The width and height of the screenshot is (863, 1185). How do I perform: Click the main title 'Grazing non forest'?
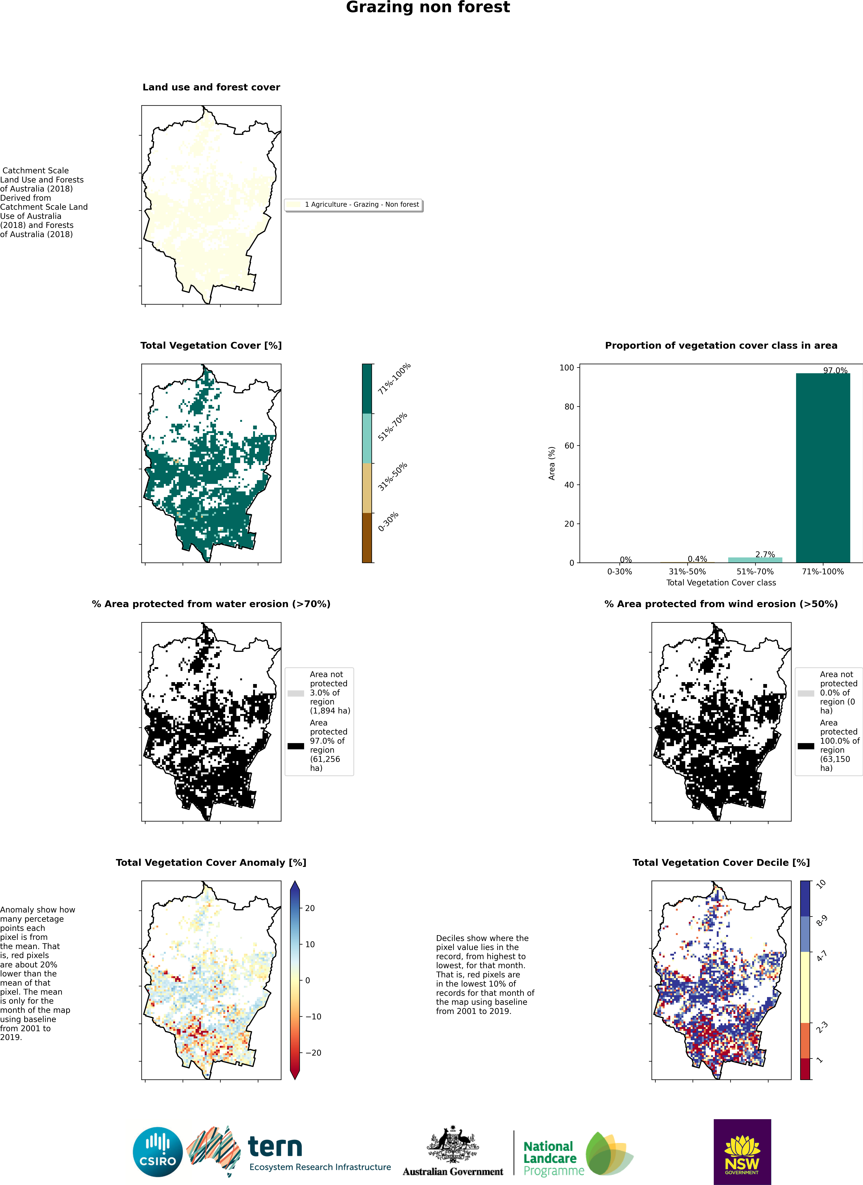[x=428, y=7]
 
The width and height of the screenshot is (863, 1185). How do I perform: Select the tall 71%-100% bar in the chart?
[x=823, y=468]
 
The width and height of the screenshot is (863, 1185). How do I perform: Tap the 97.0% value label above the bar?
[x=835, y=370]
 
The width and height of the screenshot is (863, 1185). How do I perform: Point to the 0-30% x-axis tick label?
[x=620, y=572]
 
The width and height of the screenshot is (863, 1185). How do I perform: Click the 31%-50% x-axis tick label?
[x=687, y=572]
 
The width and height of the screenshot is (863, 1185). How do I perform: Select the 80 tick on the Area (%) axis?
[x=569, y=406]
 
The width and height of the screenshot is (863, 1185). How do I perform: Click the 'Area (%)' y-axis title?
[x=552, y=463]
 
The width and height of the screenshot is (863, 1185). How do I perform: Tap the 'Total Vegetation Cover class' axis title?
[x=721, y=583]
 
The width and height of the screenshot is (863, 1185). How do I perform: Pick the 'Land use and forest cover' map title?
[x=211, y=87]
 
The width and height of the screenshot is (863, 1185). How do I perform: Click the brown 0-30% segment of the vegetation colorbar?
[x=367, y=538]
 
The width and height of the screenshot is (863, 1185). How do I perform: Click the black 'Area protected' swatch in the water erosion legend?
[x=296, y=746]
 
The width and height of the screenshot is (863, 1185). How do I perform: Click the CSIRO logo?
[x=158, y=1152]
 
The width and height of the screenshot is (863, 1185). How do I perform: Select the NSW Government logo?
[x=742, y=1151]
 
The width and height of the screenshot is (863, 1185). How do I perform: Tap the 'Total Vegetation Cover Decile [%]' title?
[x=721, y=863]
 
